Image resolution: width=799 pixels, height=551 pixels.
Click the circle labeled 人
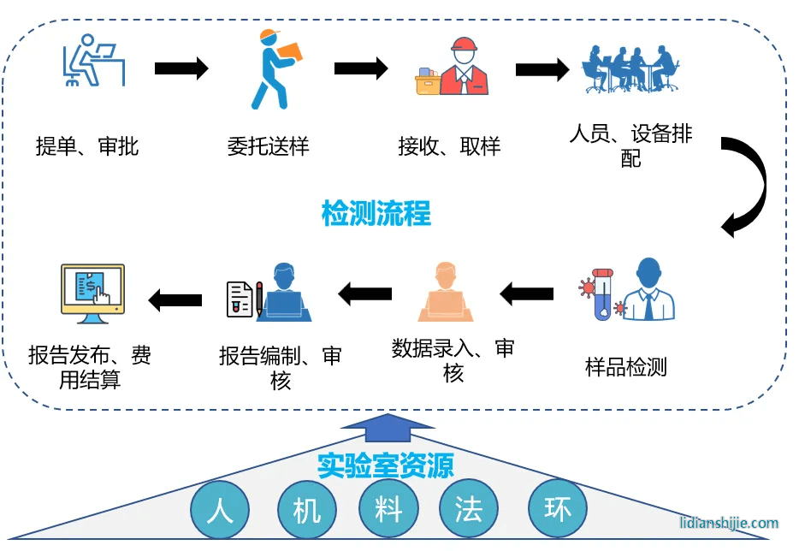tap(221, 511)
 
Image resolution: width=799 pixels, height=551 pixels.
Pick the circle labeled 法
tap(469, 511)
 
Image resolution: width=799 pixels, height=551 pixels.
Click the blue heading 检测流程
tap(376, 212)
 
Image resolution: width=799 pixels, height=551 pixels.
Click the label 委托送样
tap(268, 146)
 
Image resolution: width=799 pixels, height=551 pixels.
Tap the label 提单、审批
tap(86, 146)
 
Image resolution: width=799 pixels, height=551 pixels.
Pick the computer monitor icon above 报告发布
tap(92, 294)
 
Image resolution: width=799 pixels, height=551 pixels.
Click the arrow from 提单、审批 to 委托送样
tap(181, 68)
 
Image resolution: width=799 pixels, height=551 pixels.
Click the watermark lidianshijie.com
tap(729, 523)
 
